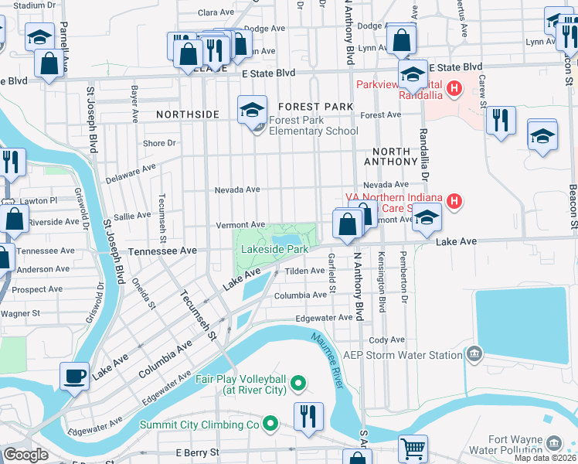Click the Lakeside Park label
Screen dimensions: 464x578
click(274, 249)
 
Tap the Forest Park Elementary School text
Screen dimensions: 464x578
click(314, 125)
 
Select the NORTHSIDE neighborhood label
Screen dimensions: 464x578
click(188, 114)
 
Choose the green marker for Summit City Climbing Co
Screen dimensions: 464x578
click(270, 424)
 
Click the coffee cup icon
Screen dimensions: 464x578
click(74, 376)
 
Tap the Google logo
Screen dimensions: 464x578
click(25, 455)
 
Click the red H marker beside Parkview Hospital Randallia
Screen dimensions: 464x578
click(454, 89)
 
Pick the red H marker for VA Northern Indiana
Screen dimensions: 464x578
click(455, 202)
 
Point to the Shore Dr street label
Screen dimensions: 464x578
click(160, 143)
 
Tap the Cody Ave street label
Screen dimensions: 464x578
click(387, 339)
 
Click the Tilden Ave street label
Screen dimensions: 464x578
click(305, 271)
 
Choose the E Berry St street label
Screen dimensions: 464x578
click(197, 452)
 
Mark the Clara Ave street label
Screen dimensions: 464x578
click(216, 12)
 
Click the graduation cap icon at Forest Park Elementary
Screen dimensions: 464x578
click(252, 109)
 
